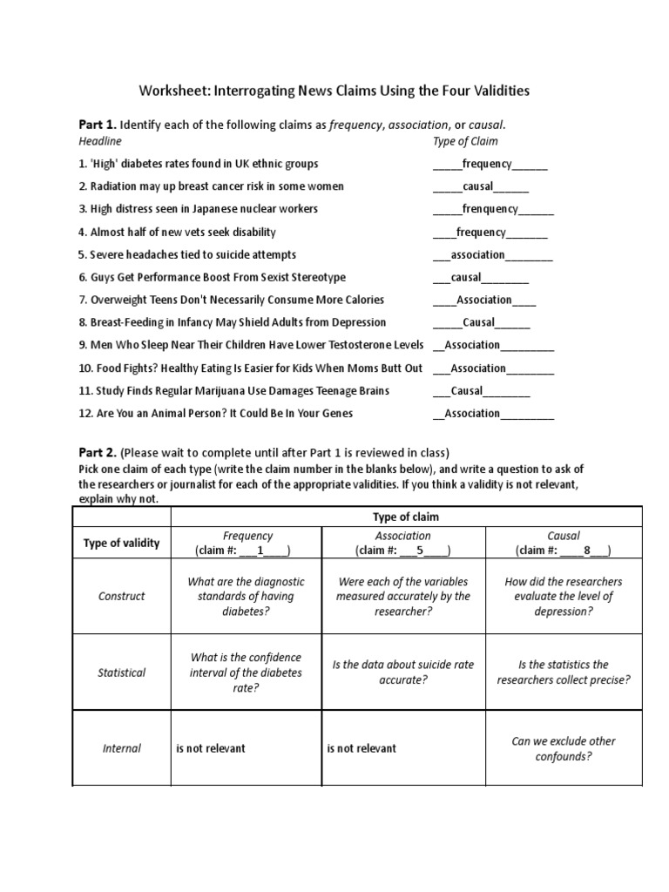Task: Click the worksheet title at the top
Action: point(334,91)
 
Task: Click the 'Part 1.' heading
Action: point(97,125)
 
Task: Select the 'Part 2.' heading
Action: point(97,452)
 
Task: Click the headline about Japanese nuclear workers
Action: point(198,209)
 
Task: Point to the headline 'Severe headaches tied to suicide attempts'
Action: point(187,254)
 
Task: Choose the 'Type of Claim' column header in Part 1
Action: point(465,141)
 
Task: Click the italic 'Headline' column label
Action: point(100,141)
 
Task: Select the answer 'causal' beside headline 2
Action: point(478,186)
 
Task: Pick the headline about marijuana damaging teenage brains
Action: point(233,391)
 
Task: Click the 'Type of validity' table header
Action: point(121,543)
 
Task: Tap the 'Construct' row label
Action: point(121,597)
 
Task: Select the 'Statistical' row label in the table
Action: point(121,672)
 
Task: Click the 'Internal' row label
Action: point(121,748)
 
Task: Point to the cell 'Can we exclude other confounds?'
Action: point(564,748)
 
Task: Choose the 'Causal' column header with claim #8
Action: point(564,543)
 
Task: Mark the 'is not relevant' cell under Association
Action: point(362,748)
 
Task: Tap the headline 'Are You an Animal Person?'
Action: point(215,414)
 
